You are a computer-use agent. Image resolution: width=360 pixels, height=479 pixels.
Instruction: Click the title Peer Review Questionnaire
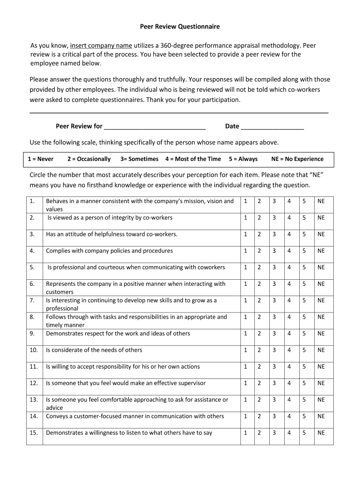pyautogui.click(x=180, y=27)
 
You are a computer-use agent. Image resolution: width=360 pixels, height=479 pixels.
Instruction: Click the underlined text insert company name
pyautogui.click(x=101, y=46)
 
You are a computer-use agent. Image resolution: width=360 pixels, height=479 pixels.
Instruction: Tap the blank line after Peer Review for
pyautogui.click(x=155, y=126)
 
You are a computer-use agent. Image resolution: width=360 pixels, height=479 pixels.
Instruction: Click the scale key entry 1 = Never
pyautogui.click(x=41, y=159)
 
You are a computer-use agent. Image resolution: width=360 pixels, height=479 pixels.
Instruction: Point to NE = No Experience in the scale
pyautogui.click(x=297, y=159)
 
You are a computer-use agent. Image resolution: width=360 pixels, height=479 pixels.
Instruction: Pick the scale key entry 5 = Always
pyautogui.click(x=243, y=159)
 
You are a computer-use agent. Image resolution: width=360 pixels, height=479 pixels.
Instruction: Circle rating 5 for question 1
pyautogui.click(x=304, y=201)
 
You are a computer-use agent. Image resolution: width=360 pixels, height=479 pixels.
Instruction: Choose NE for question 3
pyautogui.click(x=321, y=234)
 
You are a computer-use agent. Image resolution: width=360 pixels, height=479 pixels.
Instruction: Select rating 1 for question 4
pyautogui.click(x=245, y=251)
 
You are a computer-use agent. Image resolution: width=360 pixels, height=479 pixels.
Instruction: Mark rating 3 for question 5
pyautogui.click(x=274, y=268)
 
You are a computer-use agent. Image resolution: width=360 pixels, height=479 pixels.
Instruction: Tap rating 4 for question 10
pyautogui.click(x=289, y=350)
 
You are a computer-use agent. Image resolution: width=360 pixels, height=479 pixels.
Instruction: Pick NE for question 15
pyautogui.click(x=321, y=433)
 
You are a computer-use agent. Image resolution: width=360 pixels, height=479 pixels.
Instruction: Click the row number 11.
pyautogui.click(x=34, y=367)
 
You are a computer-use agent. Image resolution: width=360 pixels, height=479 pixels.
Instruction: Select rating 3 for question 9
pyautogui.click(x=274, y=334)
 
